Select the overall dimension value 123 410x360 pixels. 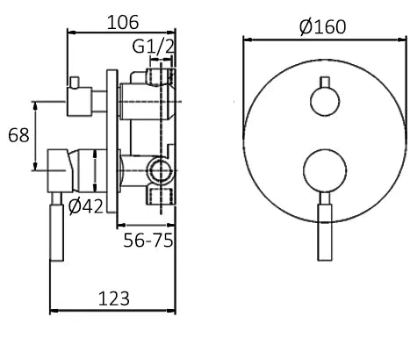pyautogui.click(x=112, y=299)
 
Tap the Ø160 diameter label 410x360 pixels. pyautogui.click(x=322, y=27)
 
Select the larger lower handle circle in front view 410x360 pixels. pyautogui.click(x=323, y=170)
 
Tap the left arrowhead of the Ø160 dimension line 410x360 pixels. pyautogui.click(x=247, y=40)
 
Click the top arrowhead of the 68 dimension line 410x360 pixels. pyautogui.click(x=35, y=104)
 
